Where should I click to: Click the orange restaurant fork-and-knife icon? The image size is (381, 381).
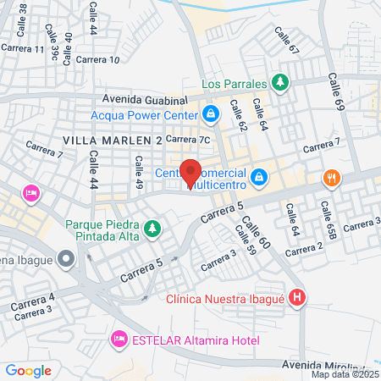pos(331,178)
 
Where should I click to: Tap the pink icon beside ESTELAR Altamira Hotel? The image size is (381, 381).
pos(119,340)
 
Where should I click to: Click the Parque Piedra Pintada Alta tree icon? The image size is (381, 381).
pos(152,229)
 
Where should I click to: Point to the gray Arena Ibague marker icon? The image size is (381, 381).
pos(65,260)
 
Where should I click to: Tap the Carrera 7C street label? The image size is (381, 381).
pos(187,139)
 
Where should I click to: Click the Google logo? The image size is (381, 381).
pos(28,370)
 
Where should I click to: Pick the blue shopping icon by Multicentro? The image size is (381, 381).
pos(260,177)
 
